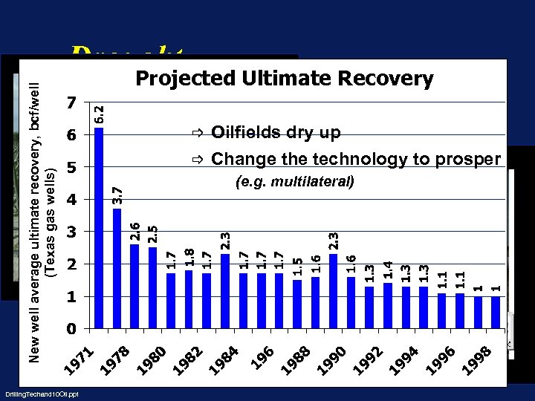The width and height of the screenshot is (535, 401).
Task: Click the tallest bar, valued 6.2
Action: tap(99, 226)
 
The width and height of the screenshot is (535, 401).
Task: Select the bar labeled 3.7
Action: tap(117, 267)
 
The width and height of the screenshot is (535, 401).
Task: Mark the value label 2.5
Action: tap(152, 235)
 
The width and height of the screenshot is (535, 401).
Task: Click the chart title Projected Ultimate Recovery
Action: tap(284, 79)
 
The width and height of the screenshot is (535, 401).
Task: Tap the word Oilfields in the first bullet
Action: tap(244, 133)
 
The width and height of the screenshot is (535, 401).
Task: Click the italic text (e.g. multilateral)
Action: tap(294, 181)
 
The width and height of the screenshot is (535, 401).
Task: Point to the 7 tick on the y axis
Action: tap(71, 102)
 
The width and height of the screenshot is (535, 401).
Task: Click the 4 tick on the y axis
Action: tap(71, 200)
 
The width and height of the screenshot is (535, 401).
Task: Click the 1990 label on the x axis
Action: tap(330, 358)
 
